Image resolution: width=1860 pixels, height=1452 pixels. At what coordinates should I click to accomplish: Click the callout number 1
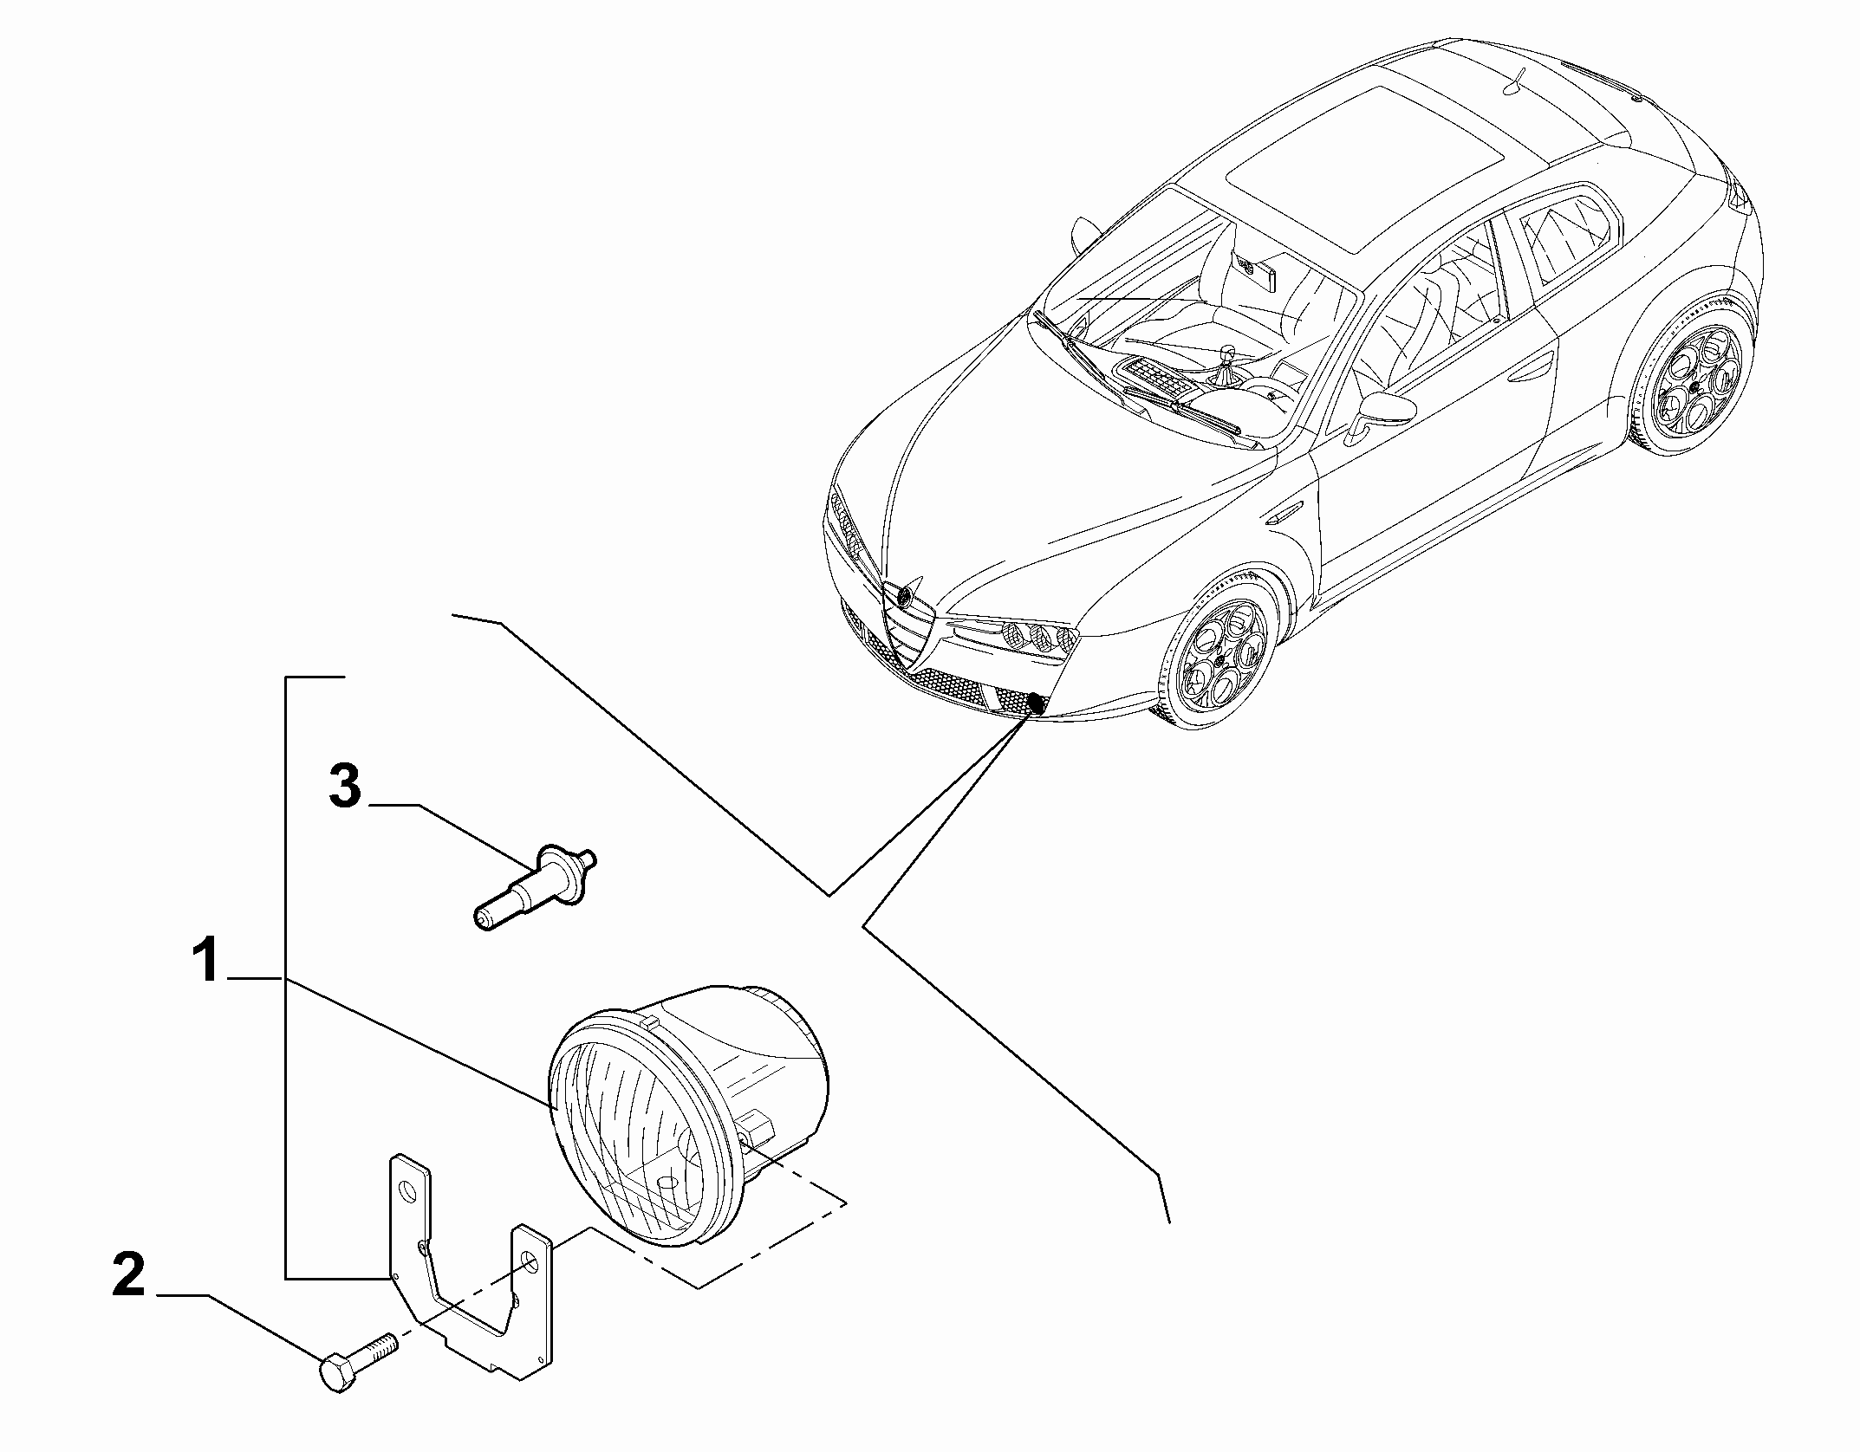click(206, 962)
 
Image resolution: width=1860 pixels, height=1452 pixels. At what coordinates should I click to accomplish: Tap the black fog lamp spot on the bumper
click(1035, 681)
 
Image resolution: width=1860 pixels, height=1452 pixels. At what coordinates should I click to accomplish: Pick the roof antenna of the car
click(1516, 80)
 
